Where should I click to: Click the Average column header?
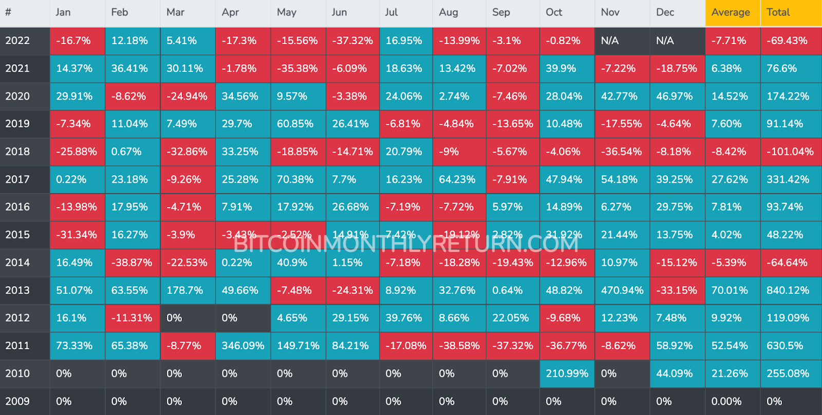(731, 12)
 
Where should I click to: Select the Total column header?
(778, 12)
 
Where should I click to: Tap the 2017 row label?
(17, 179)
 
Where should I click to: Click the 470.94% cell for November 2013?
(622, 290)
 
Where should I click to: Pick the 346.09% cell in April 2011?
(242, 346)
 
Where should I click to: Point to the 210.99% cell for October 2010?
(567, 373)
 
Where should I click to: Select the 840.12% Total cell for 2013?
(788, 290)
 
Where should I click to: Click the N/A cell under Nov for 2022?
(610, 41)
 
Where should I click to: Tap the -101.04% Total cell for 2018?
(790, 152)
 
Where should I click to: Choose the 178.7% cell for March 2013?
(185, 290)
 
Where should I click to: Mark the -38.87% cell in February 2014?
(132, 262)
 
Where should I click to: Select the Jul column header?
(391, 12)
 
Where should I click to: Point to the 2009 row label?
(17, 401)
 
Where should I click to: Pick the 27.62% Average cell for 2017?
(730, 179)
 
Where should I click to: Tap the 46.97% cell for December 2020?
(675, 96)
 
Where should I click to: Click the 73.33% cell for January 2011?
(74, 346)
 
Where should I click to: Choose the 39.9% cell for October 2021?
(561, 68)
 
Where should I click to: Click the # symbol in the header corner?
(8, 12)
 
